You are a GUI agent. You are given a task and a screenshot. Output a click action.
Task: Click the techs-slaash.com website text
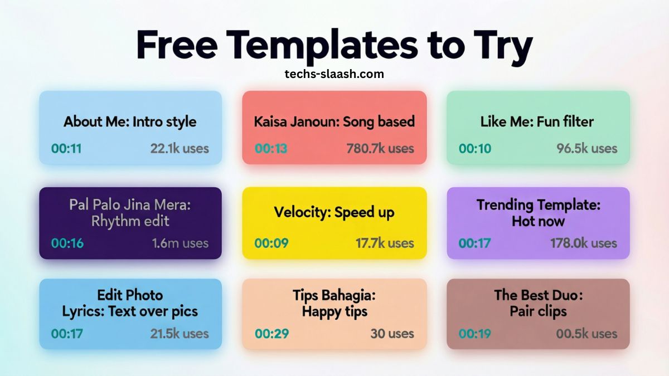(334, 74)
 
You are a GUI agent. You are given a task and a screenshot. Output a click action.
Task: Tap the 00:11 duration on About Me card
(66, 149)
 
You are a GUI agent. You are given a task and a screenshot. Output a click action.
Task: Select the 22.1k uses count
(179, 149)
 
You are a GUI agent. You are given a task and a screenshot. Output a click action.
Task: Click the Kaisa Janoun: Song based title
(334, 121)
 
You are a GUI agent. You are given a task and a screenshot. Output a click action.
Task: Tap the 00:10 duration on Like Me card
(474, 149)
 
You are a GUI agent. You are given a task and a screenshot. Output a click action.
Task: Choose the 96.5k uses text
(586, 149)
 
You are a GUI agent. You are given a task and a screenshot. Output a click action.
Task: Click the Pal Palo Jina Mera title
(130, 204)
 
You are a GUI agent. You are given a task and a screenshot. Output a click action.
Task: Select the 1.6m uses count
(180, 243)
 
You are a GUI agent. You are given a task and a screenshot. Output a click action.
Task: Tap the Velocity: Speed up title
(334, 212)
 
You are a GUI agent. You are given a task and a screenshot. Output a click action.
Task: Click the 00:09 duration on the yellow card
(270, 243)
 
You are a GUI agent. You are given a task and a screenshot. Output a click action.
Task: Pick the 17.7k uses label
(385, 243)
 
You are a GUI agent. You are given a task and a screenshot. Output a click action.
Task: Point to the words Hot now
(538, 221)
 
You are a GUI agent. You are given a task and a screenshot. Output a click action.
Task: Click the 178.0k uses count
(584, 243)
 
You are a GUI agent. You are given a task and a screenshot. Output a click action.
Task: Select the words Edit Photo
(130, 295)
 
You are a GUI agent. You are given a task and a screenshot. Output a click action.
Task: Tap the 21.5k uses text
(179, 334)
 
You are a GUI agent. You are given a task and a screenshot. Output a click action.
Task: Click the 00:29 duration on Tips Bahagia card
(270, 334)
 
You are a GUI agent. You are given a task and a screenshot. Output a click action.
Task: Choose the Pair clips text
(538, 311)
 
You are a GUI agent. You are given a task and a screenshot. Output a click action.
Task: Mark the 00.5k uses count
(586, 334)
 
